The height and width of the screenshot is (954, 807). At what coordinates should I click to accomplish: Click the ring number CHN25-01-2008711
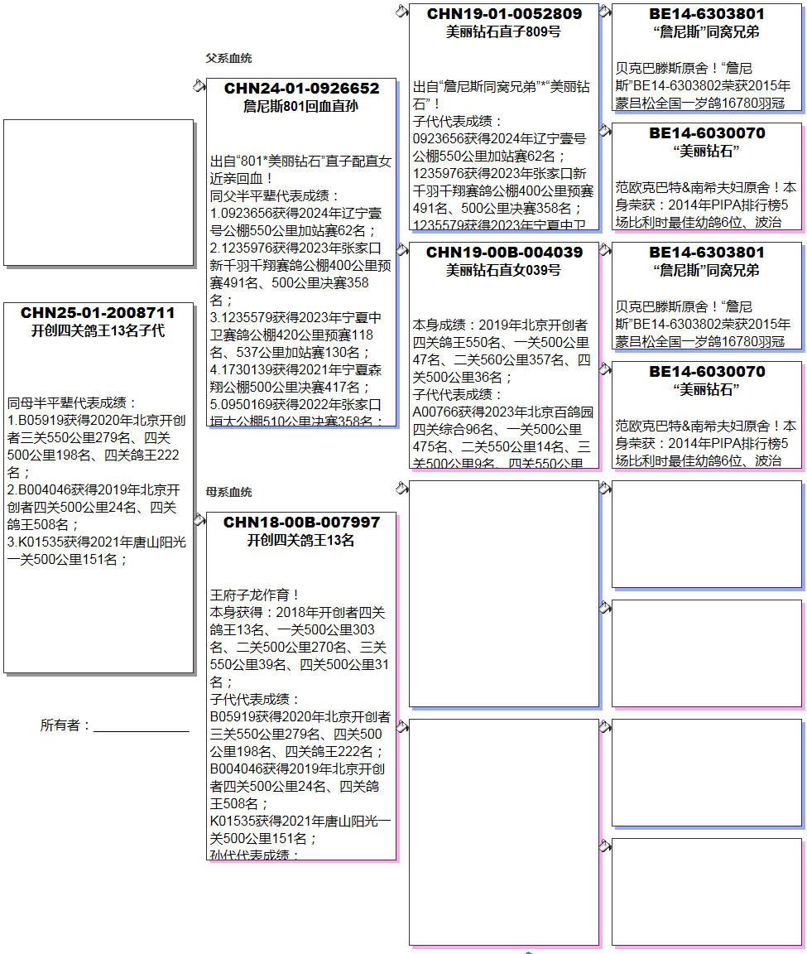pyautogui.click(x=98, y=313)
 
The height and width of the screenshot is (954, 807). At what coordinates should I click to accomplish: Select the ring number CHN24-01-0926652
pyautogui.click(x=301, y=89)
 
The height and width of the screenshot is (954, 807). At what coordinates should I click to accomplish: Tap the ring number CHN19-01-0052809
pyautogui.click(x=504, y=14)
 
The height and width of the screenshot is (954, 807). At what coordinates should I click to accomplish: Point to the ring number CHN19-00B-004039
pyautogui.click(x=504, y=253)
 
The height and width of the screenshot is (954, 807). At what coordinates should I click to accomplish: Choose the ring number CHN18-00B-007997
pyautogui.click(x=301, y=523)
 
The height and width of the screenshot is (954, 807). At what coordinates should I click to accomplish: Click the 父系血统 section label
pyautogui.click(x=228, y=58)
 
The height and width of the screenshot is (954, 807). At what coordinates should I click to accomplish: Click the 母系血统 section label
pyautogui.click(x=228, y=492)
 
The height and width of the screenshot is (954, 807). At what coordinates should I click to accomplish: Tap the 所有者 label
pyautogui.click(x=65, y=725)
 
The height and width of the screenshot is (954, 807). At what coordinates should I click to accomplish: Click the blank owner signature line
pyautogui.click(x=141, y=729)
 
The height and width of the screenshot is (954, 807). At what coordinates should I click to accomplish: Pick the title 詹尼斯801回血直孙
pyautogui.click(x=301, y=107)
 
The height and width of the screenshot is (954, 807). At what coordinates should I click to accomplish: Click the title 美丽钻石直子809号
pyautogui.click(x=504, y=32)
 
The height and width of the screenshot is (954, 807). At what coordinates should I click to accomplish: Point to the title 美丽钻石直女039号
pyautogui.click(x=504, y=271)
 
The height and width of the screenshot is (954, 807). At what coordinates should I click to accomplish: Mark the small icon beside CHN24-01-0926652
pyautogui.click(x=199, y=85)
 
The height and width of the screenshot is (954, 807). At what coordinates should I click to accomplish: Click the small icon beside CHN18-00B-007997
pyautogui.click(x=199, y=519)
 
